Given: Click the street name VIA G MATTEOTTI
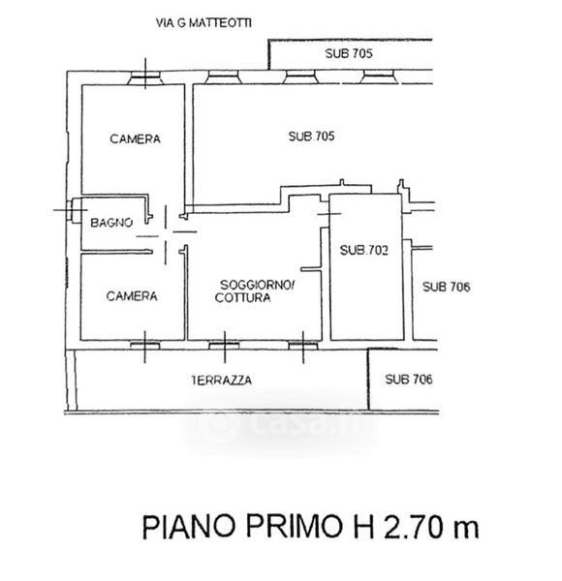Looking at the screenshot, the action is [203, 23].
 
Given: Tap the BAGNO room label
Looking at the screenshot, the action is [111, 223].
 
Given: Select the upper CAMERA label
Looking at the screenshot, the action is [136, 138].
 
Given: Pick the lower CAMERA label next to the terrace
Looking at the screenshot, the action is [132, 296].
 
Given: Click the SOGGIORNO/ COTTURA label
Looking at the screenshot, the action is [255, 291].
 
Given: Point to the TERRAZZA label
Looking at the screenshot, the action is [221, 381].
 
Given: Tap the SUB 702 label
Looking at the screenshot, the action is [364, 251].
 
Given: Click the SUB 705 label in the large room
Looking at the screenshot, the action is [311, 137].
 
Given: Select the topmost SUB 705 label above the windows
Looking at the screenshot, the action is [349, 53].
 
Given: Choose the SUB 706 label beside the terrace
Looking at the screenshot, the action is [409, 379].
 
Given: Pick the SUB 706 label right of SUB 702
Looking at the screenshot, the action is [447, 287].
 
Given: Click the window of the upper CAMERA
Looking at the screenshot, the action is [145, 77].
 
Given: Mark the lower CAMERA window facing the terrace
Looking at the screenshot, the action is [145, 346].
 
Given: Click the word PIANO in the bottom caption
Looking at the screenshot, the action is [189, 527].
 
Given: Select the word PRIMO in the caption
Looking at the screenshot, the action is [295, 526].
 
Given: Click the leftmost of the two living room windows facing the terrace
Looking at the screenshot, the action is [224, 346].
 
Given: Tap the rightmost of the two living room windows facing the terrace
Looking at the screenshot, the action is [303, 346].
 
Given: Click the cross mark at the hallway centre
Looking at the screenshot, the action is [166, 233].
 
